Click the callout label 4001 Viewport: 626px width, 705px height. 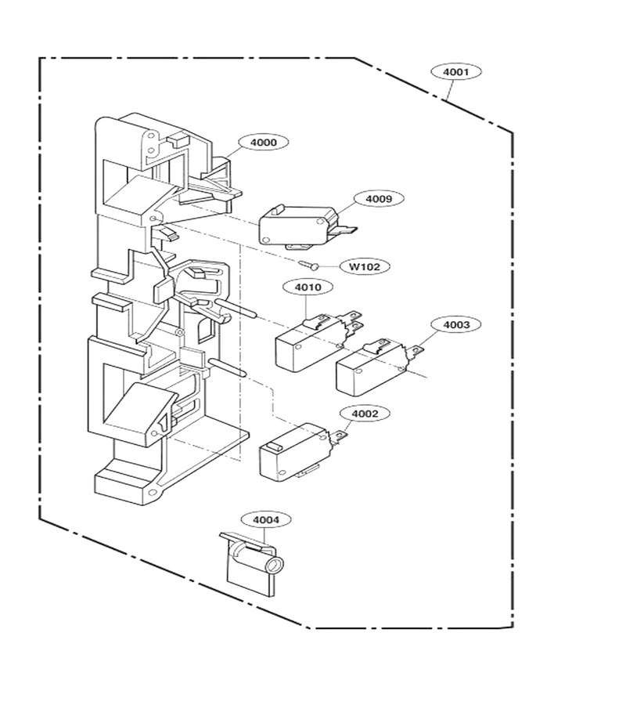tap(455, 72)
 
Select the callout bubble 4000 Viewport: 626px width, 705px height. tap(263, 143)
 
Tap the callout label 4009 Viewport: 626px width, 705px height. tap(379, 199)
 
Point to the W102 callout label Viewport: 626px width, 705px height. tap(364, 266)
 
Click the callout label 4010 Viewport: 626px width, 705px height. tap(308, 287)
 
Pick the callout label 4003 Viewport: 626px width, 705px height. tap(455, 324)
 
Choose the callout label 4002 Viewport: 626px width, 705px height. tap(364, 414)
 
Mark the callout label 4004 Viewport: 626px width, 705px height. tap(266, 520)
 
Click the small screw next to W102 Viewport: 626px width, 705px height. tap(308, 265)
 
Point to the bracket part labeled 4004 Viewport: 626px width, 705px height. tap(251, 564)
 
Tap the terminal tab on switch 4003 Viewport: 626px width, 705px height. tap(416, 351)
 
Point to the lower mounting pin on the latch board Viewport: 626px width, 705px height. tap(227, 367)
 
